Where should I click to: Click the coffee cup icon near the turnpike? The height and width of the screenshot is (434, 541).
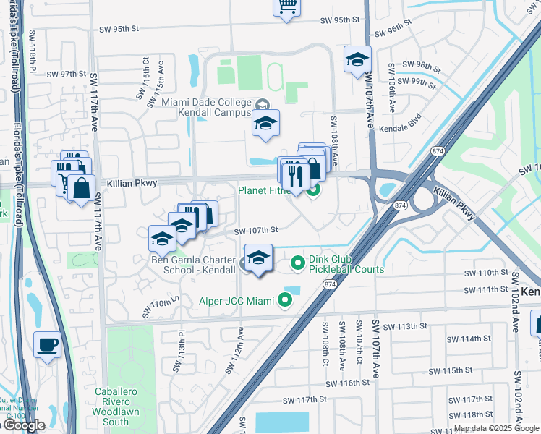click(48, 345)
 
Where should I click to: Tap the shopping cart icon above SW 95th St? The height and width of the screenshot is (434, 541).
click(286, 7)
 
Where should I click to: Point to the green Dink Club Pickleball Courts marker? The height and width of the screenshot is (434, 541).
click(297, 264)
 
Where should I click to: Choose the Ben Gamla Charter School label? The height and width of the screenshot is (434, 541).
click(193, 264)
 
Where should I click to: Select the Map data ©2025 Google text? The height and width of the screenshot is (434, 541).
click(495, 428)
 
